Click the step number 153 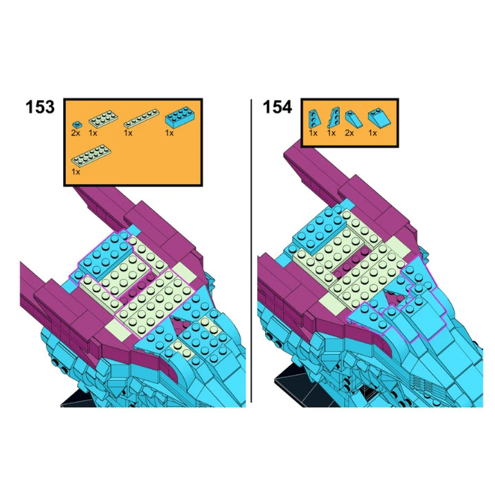pyautogui.click(x=40, y=107)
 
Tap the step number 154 pyautogui.click(x=277, y=107)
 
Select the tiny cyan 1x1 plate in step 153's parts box pyautogui.click(x=76, y=124)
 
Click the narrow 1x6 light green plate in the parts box pyautogui.click(x=141, y=118)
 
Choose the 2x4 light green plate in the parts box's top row pyautogui.click(x=103, y=119)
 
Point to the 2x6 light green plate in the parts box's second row pyautogui.click(x=91, y=155)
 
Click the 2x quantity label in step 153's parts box pyautogui.click(x=76, y=133)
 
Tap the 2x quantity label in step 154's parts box pyautogui.click(x=349, y=133)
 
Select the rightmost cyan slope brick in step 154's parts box pyautogui.click(x=379, y=118)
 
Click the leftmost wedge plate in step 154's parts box pyautogui.click(x=314, y=119)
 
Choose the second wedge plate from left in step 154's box pyautogui.click(x=333, y=118)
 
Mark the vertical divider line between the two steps pyautogui.click(x=252, y=251)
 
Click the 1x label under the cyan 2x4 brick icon pyautogui.click(x=169, y=133)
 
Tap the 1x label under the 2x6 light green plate pyautogui.click(x=76, y=172)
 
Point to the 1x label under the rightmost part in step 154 pyautogui.click(x=373, y=133)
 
